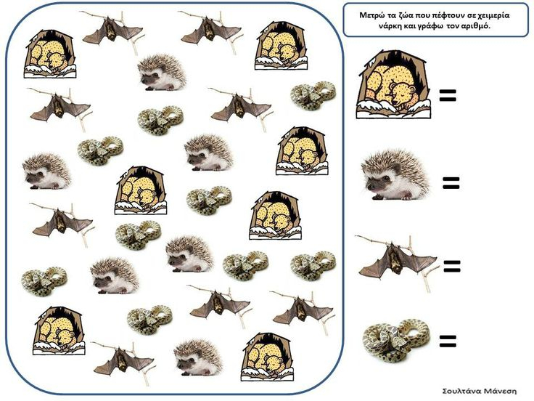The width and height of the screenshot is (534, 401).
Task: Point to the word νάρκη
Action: coord(390,26)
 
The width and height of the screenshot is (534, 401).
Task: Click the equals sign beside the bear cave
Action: coord(448,95)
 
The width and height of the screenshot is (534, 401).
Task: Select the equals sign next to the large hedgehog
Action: coord(451,183)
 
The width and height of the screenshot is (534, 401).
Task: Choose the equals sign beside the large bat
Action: coord(452,267)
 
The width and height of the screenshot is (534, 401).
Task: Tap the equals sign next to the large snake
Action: coord(448,341)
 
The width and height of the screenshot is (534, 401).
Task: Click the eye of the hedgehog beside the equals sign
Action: coord(386,178)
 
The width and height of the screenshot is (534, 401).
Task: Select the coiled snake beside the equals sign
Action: coord(396,340)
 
